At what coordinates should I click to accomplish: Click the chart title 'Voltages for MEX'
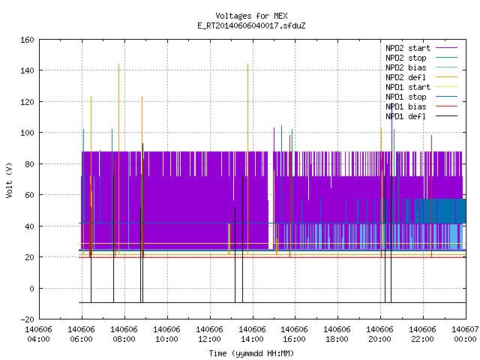pos(251,16)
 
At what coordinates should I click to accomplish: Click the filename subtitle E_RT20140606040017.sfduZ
pos(251,25)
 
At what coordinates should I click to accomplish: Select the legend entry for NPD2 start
pos(421,48)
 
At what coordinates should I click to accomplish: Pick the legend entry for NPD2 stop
pos(421,58)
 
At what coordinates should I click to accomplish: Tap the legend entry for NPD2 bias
pos(421,67)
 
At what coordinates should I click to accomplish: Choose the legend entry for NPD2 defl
pos(421,77)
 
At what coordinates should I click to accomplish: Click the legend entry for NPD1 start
pos(421,87)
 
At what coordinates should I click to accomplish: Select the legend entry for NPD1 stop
pos(421,97)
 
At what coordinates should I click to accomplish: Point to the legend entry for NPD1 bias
pos(421,106)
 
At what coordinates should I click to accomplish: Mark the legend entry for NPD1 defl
pos(421,117)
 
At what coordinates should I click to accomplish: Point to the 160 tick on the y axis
pos(27,40)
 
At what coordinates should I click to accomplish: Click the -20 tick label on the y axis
pos(27,319)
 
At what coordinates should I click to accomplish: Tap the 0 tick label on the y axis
pos(31,289)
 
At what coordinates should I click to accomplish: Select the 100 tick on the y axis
pos(27,133)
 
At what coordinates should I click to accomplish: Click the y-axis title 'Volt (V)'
pos(9,180)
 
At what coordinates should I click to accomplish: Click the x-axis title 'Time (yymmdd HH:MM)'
pos(251,353)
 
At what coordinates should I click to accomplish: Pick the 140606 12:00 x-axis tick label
pos(209,334)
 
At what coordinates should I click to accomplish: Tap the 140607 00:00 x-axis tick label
pos(465,334)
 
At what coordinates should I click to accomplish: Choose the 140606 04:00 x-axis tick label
pos(38,334)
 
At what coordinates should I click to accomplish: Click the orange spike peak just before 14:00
pos(247,64)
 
